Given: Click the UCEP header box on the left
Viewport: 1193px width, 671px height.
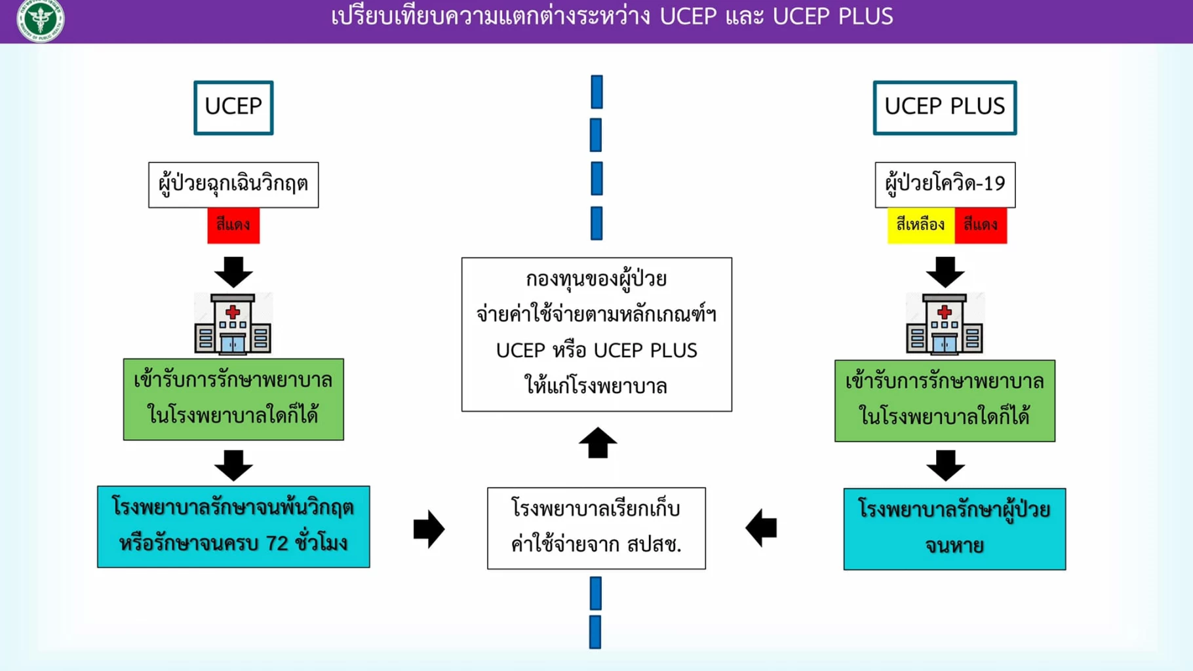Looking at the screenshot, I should [x=233, y=107].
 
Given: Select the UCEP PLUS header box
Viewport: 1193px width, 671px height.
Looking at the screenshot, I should [x=944, y=107].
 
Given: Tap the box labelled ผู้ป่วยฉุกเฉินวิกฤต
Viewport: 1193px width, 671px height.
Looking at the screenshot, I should [x=233, y=184].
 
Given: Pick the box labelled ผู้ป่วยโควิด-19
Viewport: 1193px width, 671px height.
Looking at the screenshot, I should [x=945, y=184].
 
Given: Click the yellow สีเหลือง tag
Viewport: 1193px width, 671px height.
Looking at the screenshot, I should [x=920, y=225].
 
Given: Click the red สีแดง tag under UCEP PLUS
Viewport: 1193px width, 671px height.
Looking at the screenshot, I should [x=981, y=225].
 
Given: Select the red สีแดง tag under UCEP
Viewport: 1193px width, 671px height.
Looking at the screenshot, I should [x=233, y=225].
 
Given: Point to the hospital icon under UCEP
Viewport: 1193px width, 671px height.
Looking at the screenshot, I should [x=233, y=324].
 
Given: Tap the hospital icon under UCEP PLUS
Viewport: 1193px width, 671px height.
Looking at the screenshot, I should [x=945, y=324].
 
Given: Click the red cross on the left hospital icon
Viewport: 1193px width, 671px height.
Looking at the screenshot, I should [x=233, y=312].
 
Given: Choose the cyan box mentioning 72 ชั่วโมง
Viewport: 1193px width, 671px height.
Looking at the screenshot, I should [x=233, y=526].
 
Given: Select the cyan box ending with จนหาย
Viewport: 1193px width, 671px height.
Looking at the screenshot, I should [x=954, y=528].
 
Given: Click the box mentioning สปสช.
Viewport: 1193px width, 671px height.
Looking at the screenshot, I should [x=596, y=527].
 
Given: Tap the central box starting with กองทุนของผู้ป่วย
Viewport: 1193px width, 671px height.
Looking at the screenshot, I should [x=596, y=334].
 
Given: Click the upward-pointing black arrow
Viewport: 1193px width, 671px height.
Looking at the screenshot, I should [x=597, y=443].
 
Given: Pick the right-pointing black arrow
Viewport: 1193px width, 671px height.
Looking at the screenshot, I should [x=429, y=528].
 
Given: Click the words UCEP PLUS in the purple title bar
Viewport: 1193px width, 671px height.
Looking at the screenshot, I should [x=832, y=16].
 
